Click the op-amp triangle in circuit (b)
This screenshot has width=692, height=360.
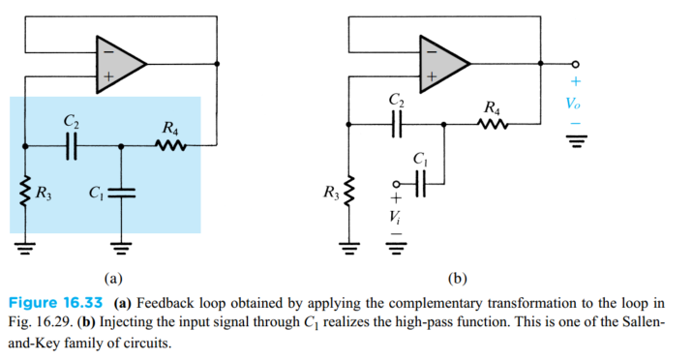439,64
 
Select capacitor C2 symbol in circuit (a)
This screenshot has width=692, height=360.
71,146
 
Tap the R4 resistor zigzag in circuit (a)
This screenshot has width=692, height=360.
170,146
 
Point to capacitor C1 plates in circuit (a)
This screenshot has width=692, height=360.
120,191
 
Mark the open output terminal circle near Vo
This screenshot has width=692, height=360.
575,64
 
